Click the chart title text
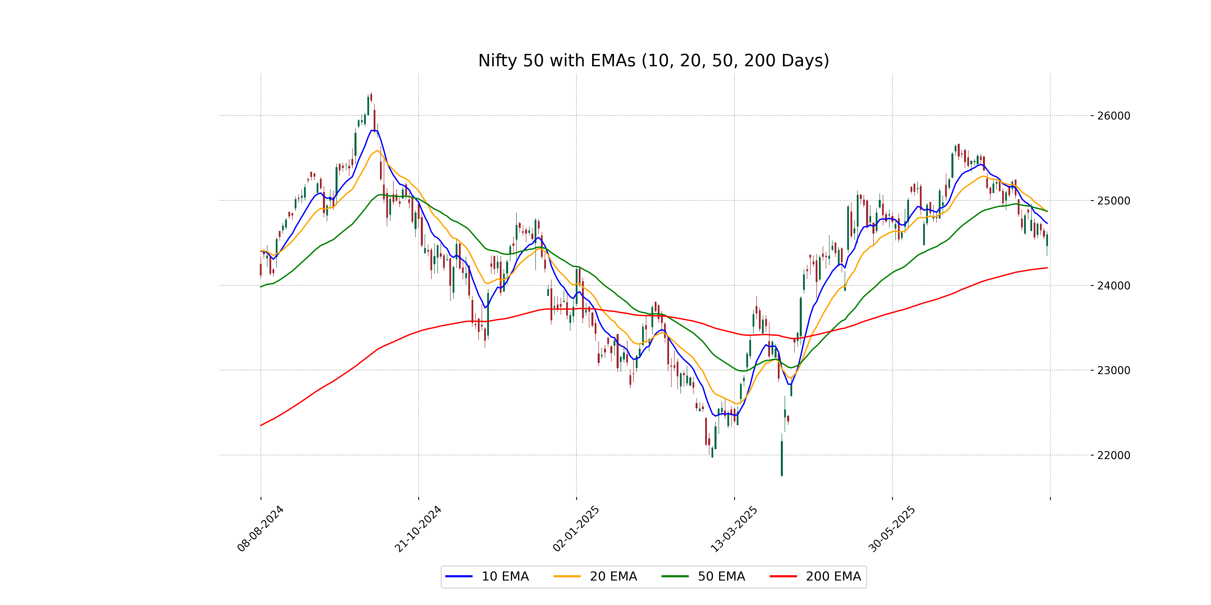coord(653,60)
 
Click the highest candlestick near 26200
coord(371,97)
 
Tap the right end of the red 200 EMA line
coord(1047,268)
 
